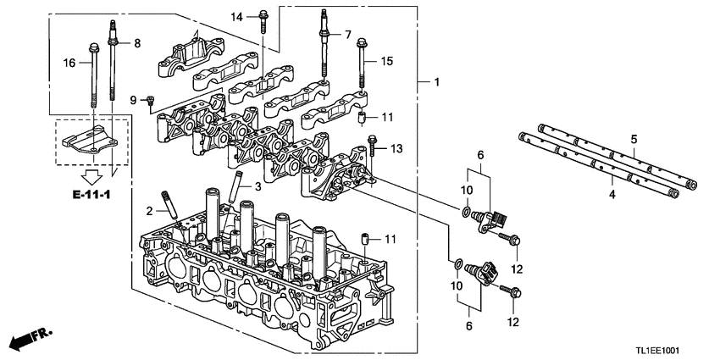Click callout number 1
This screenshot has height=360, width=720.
point(436,83)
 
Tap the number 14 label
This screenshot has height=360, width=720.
point(237,17)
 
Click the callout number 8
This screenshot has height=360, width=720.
point(137,42)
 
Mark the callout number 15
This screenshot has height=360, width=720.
point(387,61)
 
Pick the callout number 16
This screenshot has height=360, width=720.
point(70,62)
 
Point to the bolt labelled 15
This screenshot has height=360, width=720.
point(363,64)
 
